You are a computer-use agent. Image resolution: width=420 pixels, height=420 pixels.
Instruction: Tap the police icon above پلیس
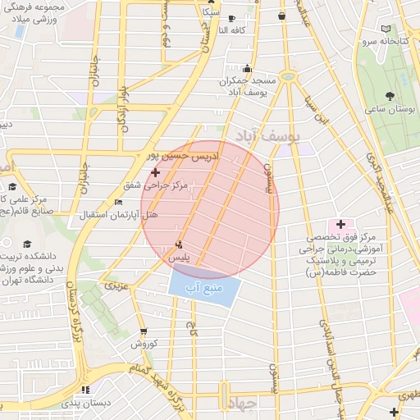pyautogui.click(x=180, y=244)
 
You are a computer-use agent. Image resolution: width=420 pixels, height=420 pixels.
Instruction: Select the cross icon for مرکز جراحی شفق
pyautogui.click(x=156, y=172)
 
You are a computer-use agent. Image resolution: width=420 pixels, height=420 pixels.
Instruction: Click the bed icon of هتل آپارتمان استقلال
pyautogui.click(x=118, y=202)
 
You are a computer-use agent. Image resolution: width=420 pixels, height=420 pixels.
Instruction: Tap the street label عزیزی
pyautogui.click(x=116, y=285)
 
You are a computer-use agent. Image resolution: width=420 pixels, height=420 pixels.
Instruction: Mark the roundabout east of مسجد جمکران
pyautogui.click(x=287, y=75)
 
